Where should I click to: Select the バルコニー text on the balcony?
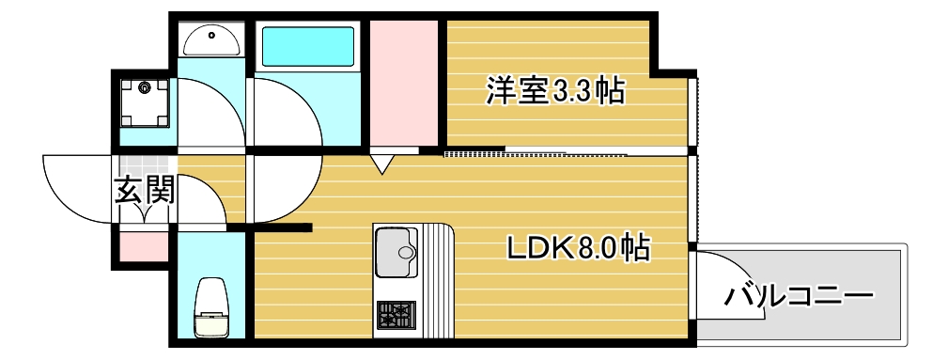[x=799, y=298]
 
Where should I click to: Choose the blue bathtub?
[x=307, y=45]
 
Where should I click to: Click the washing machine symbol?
[x=145, y=101]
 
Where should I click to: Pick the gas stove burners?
[x=396, y=314]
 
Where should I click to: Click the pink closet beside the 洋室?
[x=405, y=83]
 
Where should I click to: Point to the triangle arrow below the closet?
[x=381, y=164]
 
